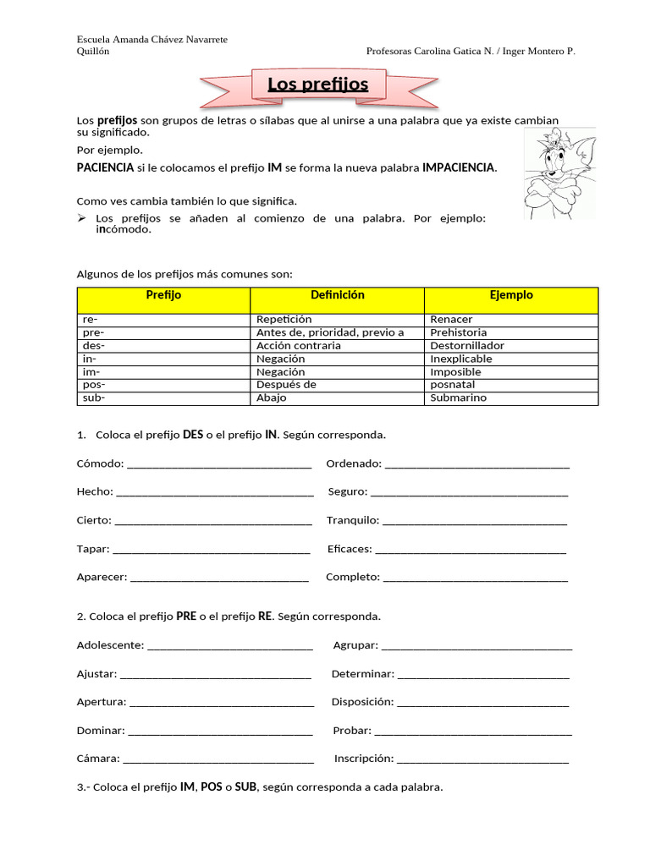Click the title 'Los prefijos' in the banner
(x=318, y=85)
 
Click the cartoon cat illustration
(x=558, y=173)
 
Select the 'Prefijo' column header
(x=163, y=295)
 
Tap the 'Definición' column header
(x=337, y=295)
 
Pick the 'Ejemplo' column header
(x=511, y=295)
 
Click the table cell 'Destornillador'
(x=466, y=346)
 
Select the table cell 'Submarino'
(x=458, y=398)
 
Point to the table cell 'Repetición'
(x=284, y=320)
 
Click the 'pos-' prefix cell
(x=94, y=385)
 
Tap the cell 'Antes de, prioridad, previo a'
(x=330, y=332)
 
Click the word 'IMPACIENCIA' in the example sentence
(x=459, y=168)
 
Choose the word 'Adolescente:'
(x=110, y=645)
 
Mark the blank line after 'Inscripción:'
(x=482, y=760)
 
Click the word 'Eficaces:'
(x=350, y=550)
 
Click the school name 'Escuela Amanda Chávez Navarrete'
(x=151, y=40)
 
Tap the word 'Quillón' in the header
(x=92, y=52)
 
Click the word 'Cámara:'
(x=98, y=759)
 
